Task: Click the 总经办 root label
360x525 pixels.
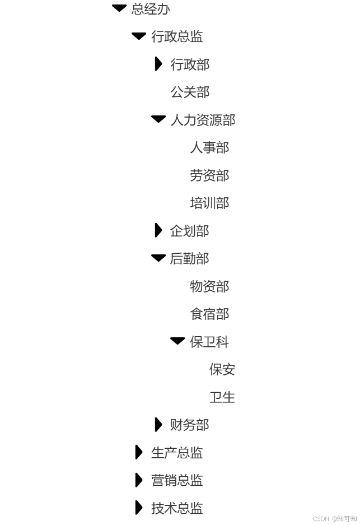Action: pyautogui.click(x=151, y=9)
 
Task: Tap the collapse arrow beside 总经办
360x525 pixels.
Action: pyautogui.click(x=119, y=8)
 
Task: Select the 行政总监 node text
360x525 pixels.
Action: pyautogui.click(x=177, y=37)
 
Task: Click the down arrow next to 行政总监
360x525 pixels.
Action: pyautogui.click(x=139, y=36)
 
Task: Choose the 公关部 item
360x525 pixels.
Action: pyautogui.click(x=190, y=92)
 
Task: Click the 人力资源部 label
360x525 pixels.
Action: pyautogui.click(x=203, y=120)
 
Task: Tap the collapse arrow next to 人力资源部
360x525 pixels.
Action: pyautogui.click(x=158, y=119)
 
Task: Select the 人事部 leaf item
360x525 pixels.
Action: pyautogui.click(x=209, y=148)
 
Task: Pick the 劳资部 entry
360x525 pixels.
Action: pyautogui.click(x=209, y=176)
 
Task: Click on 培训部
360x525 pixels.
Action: pyautogui.click(x=209, y=203)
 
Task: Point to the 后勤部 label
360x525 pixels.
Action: pyautogui.click(x=189, y=258)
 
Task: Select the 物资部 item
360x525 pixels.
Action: pyautogui.click(x=209, y=287)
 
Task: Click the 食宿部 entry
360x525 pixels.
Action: pyautogui.click(x=209, y=314)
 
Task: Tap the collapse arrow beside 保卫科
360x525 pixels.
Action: pyautogui.click(x=177, y=341)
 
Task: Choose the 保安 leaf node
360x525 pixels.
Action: pyautogui.click(x=222, y=370)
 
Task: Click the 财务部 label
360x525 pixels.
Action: pyautogui.click(x=189, y=425)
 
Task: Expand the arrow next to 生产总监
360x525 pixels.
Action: pyautogui.click(x=139, y=452)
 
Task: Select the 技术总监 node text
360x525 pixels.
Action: pyautogui.click(x=177, y=508)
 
